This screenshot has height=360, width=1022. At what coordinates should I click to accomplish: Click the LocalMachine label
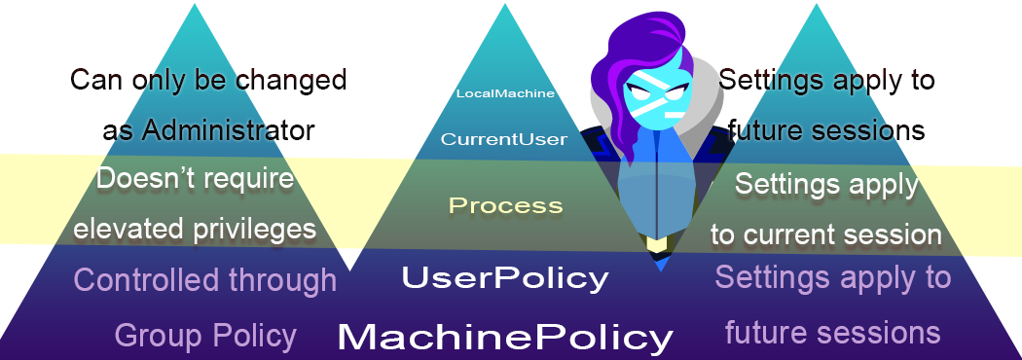tap(505, 93)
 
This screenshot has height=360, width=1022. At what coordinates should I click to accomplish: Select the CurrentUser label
tap(503, 139)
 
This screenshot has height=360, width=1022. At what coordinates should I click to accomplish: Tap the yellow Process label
tap(505, 205)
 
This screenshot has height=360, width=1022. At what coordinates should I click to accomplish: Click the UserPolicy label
tap(505, 278)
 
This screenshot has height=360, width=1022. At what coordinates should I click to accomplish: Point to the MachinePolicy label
tap(505, 338)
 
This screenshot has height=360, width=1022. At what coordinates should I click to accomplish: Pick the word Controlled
tap(146, 280)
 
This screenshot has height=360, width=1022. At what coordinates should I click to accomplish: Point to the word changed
tap(293, 80)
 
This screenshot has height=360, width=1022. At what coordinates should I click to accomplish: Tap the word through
tap(282, 280)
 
